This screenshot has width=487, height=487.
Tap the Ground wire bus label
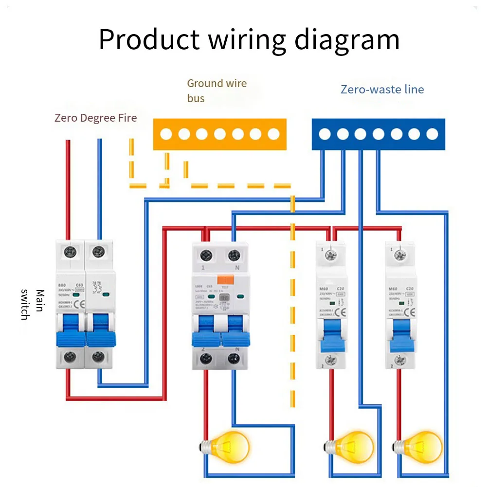[216, 90]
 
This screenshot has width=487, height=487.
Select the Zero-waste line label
[382, 90]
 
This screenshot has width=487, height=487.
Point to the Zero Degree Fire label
[95, 118]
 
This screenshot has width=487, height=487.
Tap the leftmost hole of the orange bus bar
[166, 134]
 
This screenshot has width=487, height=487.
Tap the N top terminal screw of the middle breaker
[234, 254]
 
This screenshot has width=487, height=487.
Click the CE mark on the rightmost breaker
[410, 312]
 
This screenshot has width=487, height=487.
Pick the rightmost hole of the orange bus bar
[273, 134]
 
